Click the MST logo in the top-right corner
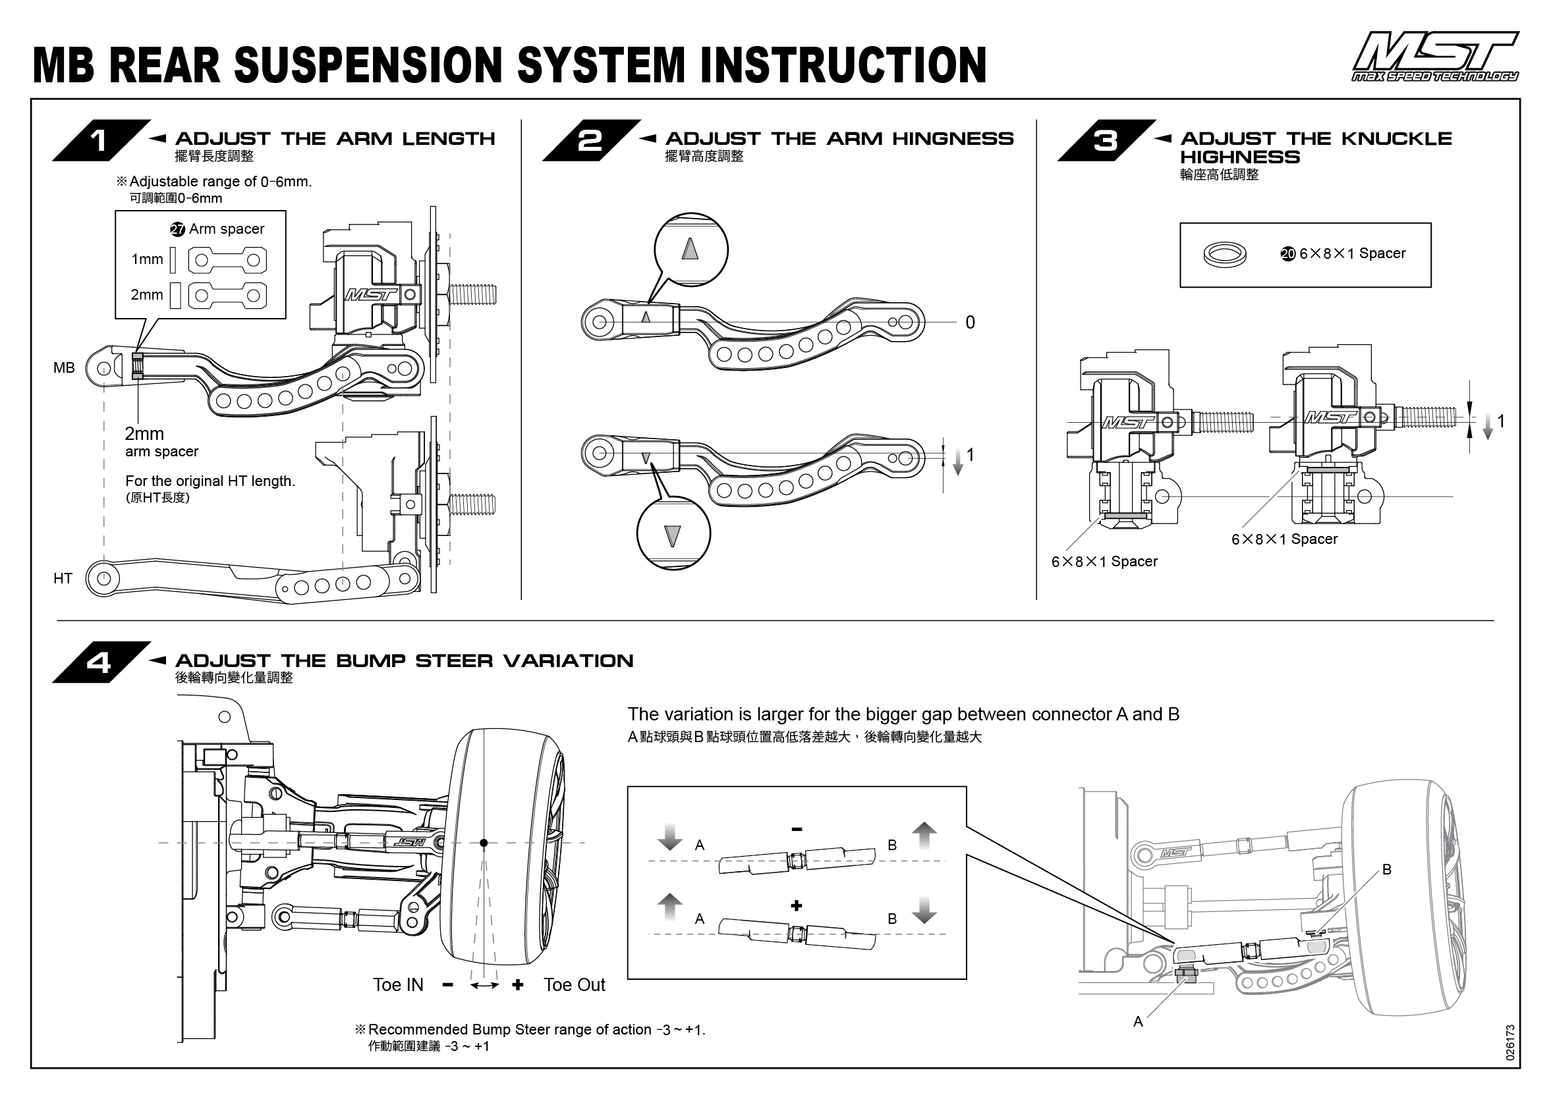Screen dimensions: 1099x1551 click(x=1434, y=57)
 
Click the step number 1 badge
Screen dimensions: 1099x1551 click(x=100, y=141)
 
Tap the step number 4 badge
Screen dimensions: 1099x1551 click(x=100, y=662)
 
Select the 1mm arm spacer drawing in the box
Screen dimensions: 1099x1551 click(x=227, y=260)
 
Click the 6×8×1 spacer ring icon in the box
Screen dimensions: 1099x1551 click(x=1225, y=254)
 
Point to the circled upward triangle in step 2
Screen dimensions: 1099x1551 click(x=690, y=249)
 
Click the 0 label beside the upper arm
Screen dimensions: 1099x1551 click(x=969, y=323)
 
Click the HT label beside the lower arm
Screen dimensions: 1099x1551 click(x=63, y=579)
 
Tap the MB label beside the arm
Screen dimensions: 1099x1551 click(x=64, y=368)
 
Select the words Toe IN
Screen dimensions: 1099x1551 click(x=398, y=985)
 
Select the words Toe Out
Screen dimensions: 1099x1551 click(x=574, y=985)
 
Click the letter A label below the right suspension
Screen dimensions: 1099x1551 click(x=1138, y=1022)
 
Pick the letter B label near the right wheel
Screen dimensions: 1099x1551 click(x=1386, y=870)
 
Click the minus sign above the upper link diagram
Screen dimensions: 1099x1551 click(x=797, y=829)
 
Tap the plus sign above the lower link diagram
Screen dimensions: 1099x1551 click(x=797, y=905)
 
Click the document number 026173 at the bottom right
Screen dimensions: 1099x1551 click(x=1510, y=1042)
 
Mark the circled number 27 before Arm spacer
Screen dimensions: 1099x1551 click(x=177, y=229)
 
